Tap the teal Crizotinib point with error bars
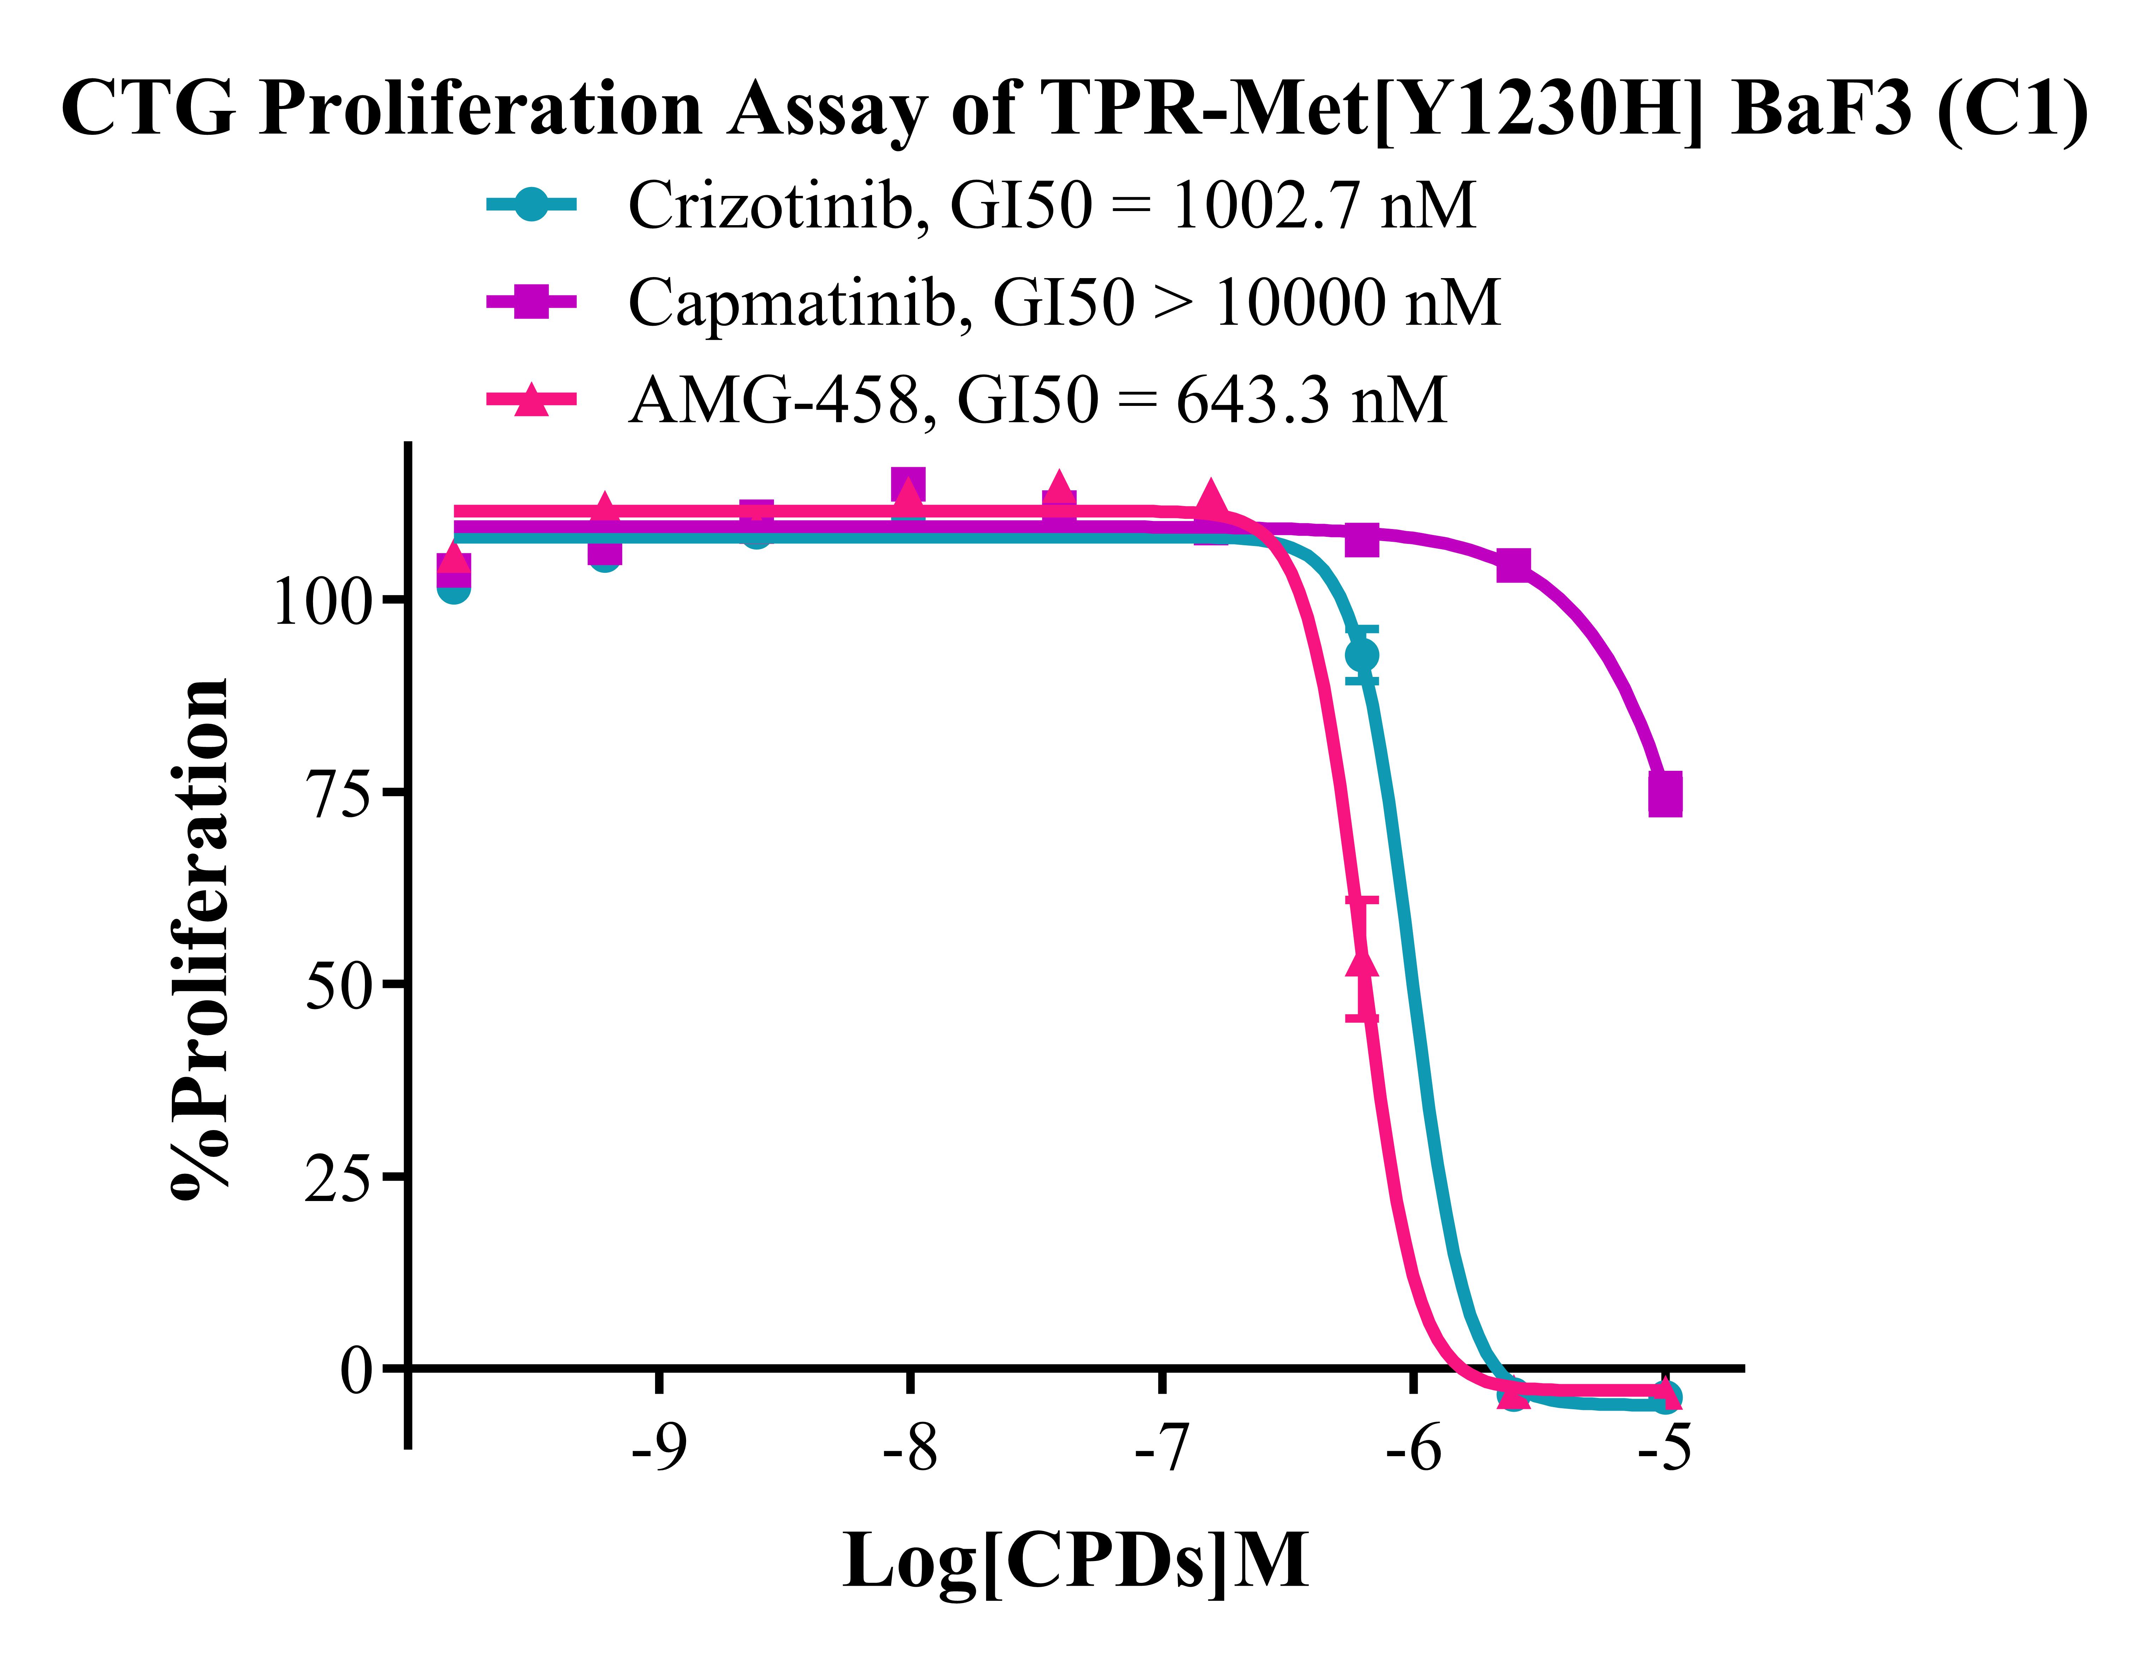[x=1362, y=655]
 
